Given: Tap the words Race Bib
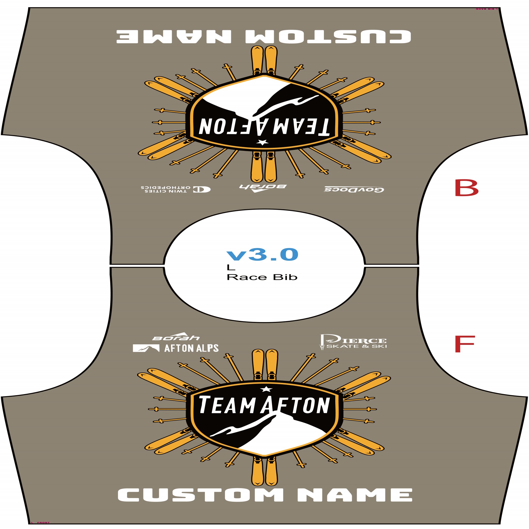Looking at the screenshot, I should pos(262,277).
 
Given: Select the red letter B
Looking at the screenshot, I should pos(466,188).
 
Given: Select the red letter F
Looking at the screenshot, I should pos(464,344).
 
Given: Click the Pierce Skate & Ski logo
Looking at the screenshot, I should pos(353,342).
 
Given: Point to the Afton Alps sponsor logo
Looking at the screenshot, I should pos(175,348).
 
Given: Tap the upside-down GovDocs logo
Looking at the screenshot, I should pos(354,190).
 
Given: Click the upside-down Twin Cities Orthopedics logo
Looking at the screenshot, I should pos(175,189).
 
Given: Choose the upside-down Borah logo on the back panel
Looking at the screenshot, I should pos(263,188).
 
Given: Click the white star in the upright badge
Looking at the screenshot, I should pos(265,389).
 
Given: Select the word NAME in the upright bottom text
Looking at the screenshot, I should pos(355,495).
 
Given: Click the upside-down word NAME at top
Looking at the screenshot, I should pos(174,36).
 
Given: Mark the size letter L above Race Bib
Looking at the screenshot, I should pos(231,267).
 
